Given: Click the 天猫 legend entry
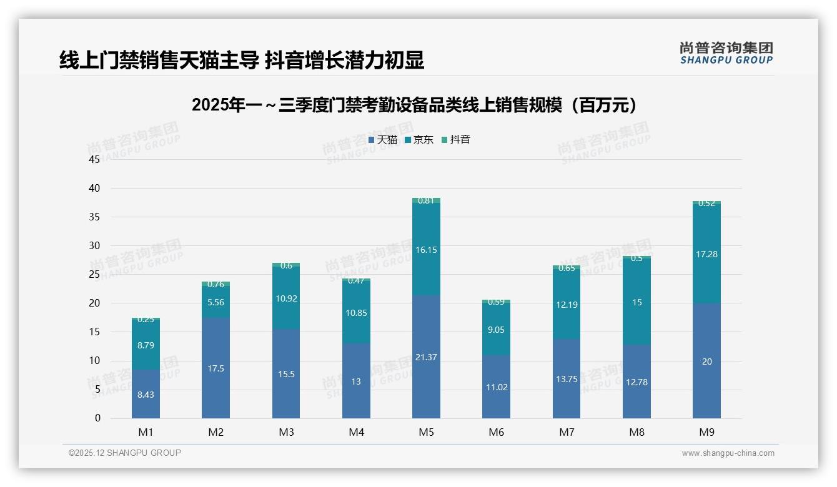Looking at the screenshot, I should [383, 140].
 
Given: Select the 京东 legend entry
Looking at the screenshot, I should [419, 140].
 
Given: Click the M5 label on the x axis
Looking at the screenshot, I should [426, 432].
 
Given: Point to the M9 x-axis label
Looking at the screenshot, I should [706, 432].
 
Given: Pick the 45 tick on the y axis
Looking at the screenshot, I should [94, 159].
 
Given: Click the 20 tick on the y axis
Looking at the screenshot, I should [94, 303].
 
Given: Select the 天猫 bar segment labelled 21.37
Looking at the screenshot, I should [426, 357].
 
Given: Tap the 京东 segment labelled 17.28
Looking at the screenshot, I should [706, 254].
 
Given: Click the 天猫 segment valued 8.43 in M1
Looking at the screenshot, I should [146, 395].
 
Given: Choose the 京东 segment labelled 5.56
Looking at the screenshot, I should [215, 302].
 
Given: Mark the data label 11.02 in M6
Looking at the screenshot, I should [496, 387].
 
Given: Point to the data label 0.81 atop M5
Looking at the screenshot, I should [426, 200].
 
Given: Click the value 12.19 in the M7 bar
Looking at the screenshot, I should [567, 305].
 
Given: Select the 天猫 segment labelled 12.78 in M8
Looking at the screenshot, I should [636, 382].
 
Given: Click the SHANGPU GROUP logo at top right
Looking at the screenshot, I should [726, 52].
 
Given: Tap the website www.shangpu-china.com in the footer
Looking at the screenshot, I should [728, 453].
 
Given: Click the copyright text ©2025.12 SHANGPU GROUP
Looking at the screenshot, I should [125, 453].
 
